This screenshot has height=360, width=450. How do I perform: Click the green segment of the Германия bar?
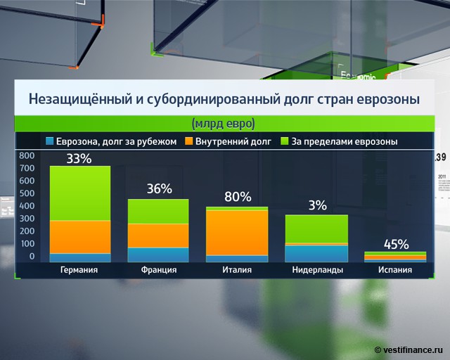pos(79,193)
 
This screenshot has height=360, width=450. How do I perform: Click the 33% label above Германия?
pos(79,158)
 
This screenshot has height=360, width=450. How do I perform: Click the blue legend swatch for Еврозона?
pos(49,141)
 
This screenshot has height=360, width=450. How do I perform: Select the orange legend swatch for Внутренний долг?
pos(191,141)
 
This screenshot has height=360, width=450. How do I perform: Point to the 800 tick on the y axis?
pos(26,155)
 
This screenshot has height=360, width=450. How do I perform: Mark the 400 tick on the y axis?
pos(26,206)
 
